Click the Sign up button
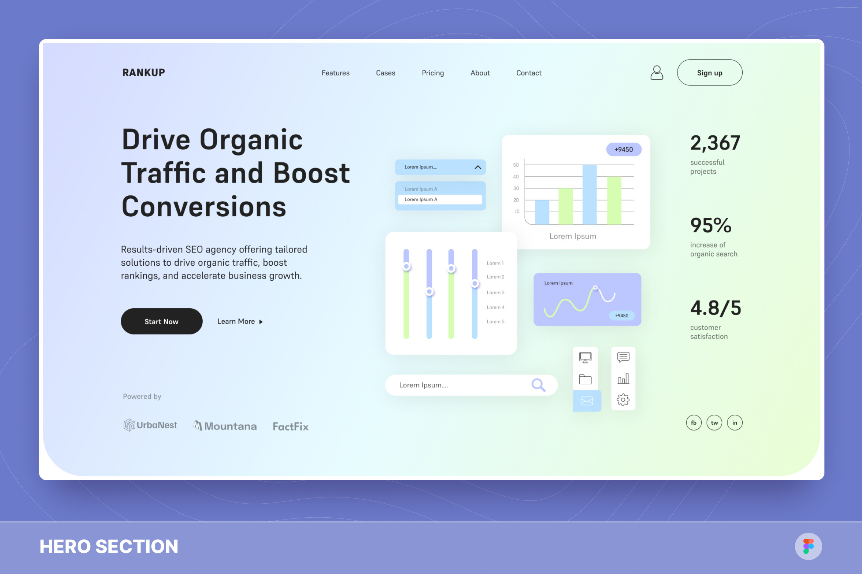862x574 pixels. tap(709, 72)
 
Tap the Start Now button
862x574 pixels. tap(161, 321)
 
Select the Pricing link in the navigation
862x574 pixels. tap(433, 73)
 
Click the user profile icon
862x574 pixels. tap(656, 72)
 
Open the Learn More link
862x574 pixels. tap(240, 321)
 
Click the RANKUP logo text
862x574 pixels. tap(144, 72)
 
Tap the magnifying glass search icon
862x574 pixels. tap(538, 385)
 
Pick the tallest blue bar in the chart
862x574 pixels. tap(589, 194)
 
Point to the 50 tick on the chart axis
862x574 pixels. tap(516, 165)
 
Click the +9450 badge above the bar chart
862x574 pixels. tap(624, 149)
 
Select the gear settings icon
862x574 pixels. tap(623, 400)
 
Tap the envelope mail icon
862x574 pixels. tap(587, 401)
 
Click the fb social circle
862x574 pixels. tap(694, 422)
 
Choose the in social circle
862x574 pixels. tap(735, 422)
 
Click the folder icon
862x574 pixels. tap(585, 379)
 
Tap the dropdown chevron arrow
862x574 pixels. tap(478, 167)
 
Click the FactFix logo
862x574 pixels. tap(291, 426)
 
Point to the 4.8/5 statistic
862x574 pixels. tap(715, 308)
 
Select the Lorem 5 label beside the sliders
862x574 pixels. tap(495, 322)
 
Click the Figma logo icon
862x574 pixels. tap(808, 546)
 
